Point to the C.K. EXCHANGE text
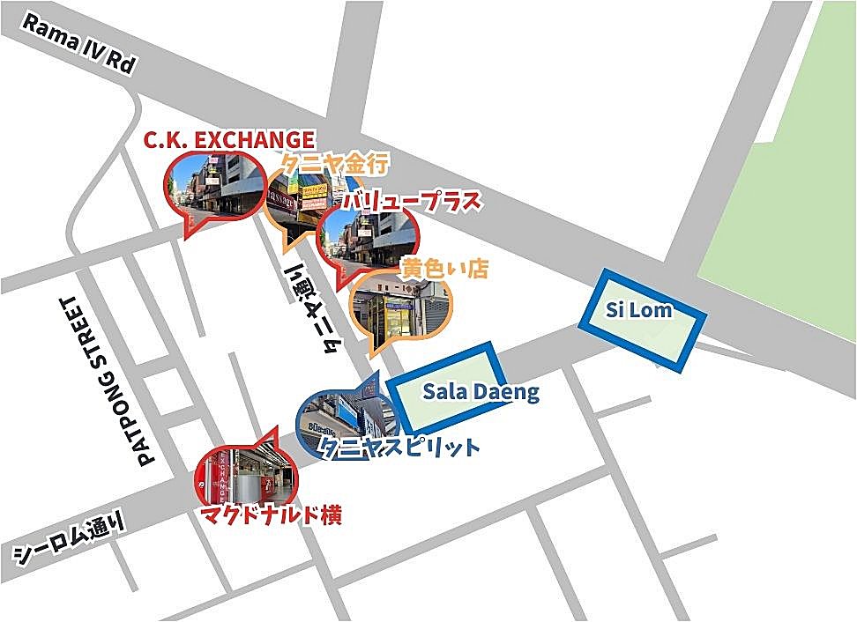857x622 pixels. point(229,139)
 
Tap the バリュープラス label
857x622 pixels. point(413,201)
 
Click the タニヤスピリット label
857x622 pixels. point(401,448)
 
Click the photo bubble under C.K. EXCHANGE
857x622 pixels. point(214,187)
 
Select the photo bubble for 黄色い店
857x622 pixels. point(402,308)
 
